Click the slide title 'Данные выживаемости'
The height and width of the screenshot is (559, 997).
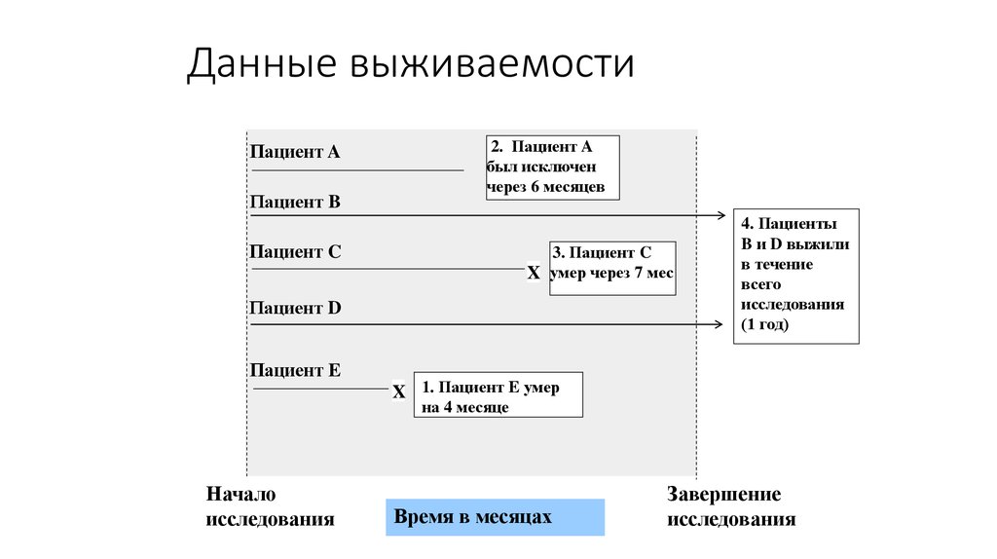[x=410, y=65]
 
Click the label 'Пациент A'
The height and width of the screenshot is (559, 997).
[x=295, y=152]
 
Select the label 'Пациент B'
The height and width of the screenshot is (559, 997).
[x=295, y=203]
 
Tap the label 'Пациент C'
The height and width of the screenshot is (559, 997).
[x=295, y=252]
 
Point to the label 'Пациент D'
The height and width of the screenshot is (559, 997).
[x=295, y=308]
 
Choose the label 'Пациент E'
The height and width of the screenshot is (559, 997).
[x=295, y=370]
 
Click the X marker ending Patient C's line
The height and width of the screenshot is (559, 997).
[x=534, y=274]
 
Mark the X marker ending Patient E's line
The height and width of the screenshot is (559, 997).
[x=399, y=392]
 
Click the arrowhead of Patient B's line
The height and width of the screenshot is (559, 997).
[x=721, y=214]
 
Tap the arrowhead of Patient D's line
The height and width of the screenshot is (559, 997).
[x=721, y=324]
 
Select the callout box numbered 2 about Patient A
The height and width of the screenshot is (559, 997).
[x=552, y=167]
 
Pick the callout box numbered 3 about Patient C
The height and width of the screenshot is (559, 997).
[x=612, y=267]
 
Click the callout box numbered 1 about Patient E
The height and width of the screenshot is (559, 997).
[x=498, y=394]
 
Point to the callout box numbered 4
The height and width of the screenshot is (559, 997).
[x=796, y=275]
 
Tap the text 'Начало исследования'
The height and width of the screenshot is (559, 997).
[x=270, y=506]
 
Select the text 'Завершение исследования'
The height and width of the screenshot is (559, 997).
[x=731, y=506]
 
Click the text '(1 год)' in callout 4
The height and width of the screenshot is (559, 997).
[x=765, y=324]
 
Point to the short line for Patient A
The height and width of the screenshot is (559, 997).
[x=358, y=171]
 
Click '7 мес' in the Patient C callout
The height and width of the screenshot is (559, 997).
[x=652, y=274]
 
